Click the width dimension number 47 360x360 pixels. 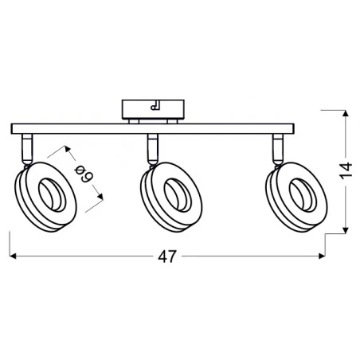(x=167, y=256)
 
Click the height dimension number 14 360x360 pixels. (x=346, y=170)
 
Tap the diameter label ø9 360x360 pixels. (x=84, y=174)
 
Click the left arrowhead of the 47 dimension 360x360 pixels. (x=13, y=256)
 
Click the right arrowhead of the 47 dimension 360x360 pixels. (x=322, y=256)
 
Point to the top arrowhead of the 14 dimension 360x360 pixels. (x=346, y=113)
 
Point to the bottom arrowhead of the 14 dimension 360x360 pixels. (x=346, y=230)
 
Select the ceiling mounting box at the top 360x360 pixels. (x=153, y=109)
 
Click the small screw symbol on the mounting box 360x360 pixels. (x=155, y=105)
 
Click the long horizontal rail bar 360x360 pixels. (x=153, y=129)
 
